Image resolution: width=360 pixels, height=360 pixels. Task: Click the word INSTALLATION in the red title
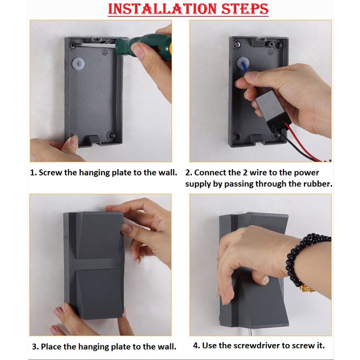point(162,9)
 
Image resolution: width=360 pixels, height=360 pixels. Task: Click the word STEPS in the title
point(245,9)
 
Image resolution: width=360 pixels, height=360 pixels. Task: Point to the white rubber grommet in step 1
point(78,64)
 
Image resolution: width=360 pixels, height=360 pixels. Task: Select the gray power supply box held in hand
point(271,109)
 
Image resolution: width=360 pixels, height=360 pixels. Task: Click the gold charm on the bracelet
point(307,288)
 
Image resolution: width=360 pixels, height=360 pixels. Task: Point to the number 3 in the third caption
point(34,347)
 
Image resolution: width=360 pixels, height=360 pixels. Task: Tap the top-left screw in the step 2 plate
point(237,44)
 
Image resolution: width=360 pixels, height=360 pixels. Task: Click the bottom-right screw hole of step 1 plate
point(112,135)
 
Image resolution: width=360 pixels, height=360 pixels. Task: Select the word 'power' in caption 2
point(307,173)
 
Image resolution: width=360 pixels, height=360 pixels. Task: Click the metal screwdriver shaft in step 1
point(95,45)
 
